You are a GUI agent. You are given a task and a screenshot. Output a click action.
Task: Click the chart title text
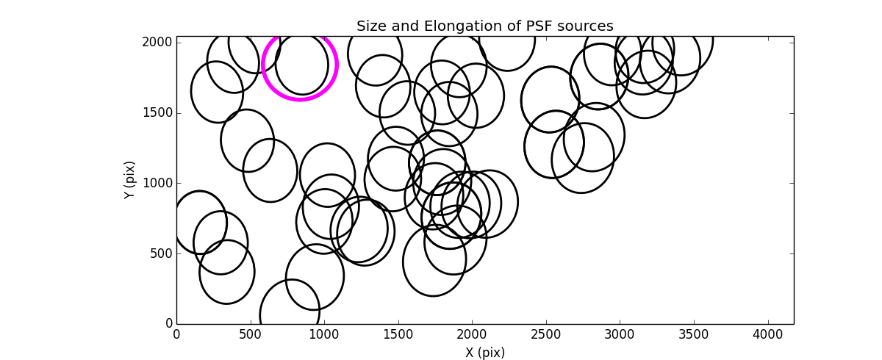coord(484,26)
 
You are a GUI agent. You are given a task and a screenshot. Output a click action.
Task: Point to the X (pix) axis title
coord(484,353)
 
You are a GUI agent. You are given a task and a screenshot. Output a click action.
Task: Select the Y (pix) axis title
coord(130,180)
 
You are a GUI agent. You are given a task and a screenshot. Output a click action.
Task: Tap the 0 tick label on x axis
coord(176,334)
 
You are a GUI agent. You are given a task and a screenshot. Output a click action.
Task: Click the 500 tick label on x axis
coord(251,334)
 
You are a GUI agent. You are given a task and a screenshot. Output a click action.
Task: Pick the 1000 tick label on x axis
coord(324,334)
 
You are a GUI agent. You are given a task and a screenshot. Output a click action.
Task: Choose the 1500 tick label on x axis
coord(398,334)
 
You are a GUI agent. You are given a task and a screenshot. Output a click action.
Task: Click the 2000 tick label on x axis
coord(472,334)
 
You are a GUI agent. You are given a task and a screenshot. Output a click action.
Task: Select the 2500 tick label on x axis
coord(546,334)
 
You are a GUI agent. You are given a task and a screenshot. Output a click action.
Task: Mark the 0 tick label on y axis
coord(168,324)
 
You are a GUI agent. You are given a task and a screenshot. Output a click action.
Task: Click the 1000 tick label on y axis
coord(157,183)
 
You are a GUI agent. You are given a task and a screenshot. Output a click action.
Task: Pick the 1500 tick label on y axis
coord(157,112)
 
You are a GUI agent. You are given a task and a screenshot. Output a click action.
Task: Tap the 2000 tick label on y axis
coord(157,42)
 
